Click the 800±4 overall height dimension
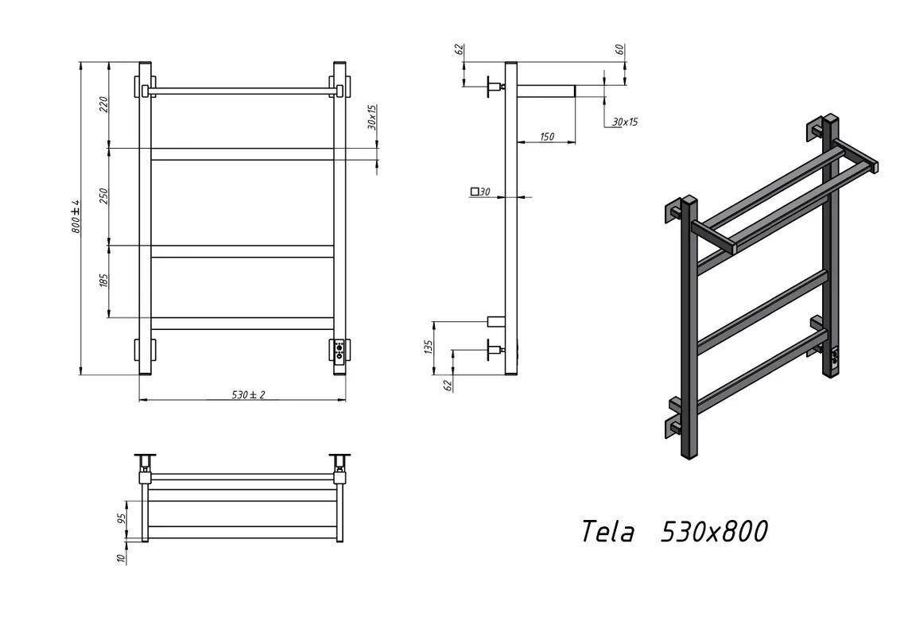coord(76,217)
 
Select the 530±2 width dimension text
coord(249,395)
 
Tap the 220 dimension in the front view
coord(104,104)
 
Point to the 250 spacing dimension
coord(104,196)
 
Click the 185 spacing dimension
coord(104,281)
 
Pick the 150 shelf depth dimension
coord(547,137)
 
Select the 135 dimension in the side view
coord(429,347)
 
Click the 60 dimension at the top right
coord(620,50)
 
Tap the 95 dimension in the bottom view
coord(122,518)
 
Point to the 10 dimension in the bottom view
coord(121,558)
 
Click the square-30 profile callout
coord(480,192)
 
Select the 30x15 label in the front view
coord(372,117)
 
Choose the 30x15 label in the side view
coord(625,122)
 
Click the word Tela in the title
coord(608,532)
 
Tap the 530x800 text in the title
coord(715,532)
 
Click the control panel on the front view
coord(339,350)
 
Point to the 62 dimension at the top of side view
coord(460,49)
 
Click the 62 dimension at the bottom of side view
coord(448,385)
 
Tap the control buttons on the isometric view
coord(835,358)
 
